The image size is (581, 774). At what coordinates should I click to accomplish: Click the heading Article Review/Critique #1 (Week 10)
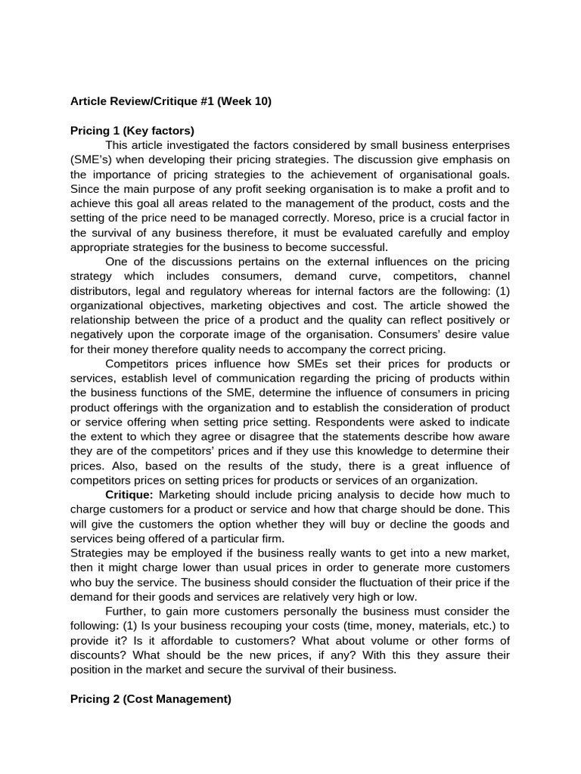coord(170,101)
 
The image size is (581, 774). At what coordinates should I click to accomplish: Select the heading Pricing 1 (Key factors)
coord(132,130)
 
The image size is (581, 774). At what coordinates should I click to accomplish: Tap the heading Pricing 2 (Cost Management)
coord(151,699)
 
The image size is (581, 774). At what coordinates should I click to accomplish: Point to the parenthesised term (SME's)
coord(92,159)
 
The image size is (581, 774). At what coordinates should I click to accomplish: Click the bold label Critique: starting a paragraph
coord(129,494)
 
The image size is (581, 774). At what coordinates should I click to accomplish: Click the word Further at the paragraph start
coord(126,610)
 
